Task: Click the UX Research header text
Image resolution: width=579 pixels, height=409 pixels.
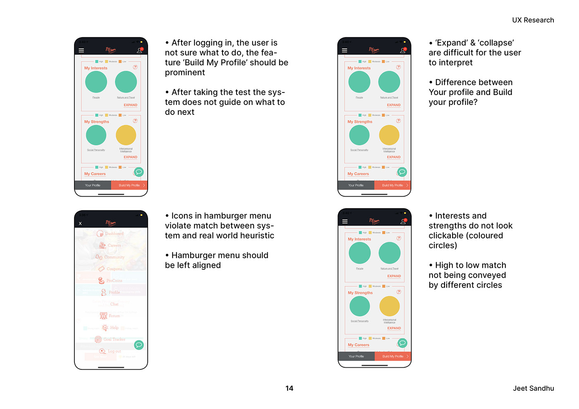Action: click(x=533, y=20)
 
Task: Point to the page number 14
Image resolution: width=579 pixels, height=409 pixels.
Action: click(x=289, y=388)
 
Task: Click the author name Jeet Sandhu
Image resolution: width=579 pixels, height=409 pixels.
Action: click(x=533, y=388)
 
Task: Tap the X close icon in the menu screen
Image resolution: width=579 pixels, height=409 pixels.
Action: click(x=80, y=224)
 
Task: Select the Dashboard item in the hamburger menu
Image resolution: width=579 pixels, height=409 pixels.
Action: click(x=114, y=234)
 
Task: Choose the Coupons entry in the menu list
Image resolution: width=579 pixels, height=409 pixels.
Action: click(x=114, y=269)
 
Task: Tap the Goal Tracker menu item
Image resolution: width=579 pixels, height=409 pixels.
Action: click(x=114, y=340)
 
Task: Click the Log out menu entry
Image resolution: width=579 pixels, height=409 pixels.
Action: click(x=114, y=351)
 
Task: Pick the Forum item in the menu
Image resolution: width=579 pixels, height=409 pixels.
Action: click(x=114, y=316)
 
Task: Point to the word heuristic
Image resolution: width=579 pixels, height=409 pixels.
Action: click(x=257, y=236)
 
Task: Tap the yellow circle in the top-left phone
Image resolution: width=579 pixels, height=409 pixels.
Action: click(x=126, y=136)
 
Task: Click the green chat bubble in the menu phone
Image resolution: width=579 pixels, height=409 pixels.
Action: click(x=139, y=345)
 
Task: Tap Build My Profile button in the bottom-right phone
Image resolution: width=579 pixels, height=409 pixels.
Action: click(x=393, y=356)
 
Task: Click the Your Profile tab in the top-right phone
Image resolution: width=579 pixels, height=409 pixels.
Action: click(x=356, y=185)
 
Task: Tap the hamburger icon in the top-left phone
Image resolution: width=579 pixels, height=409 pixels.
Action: click(x=81, y=50)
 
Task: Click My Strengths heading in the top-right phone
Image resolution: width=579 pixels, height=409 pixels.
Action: click(x=360, y=122)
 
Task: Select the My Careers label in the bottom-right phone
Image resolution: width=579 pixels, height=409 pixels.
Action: click(x=359, y=345)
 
